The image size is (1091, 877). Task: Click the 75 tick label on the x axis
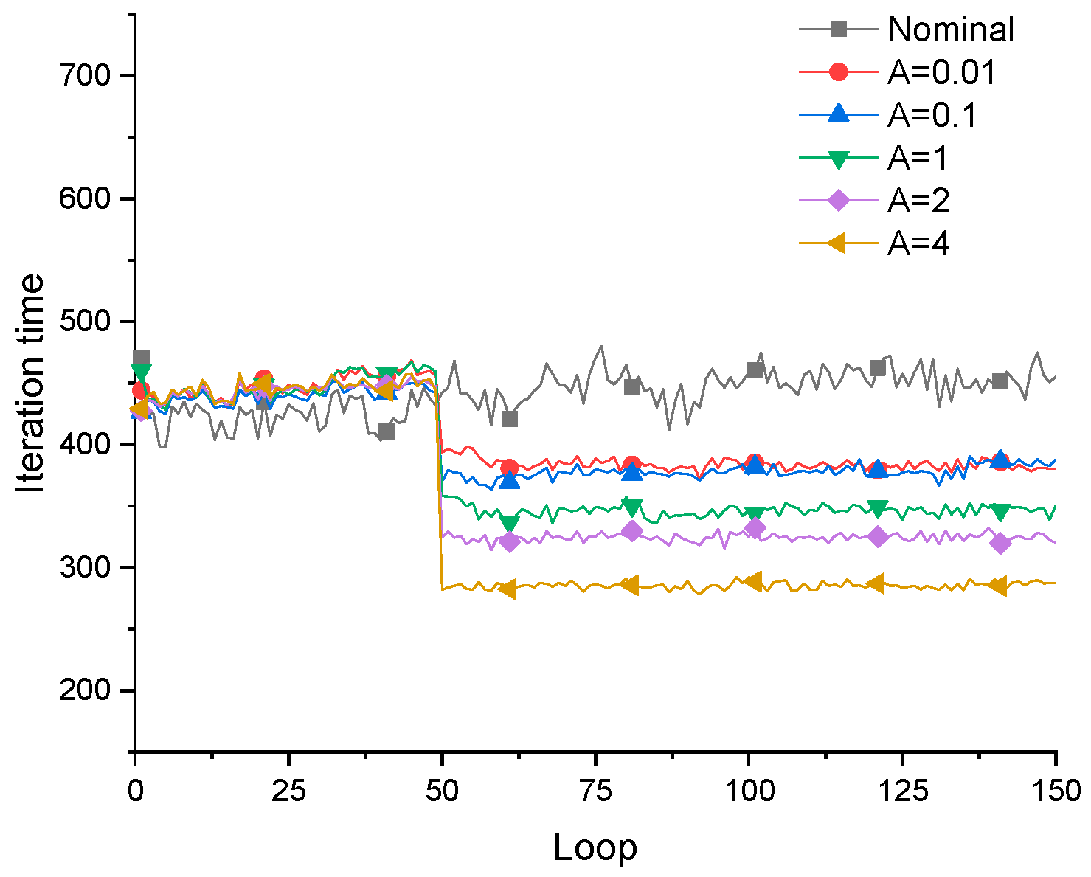coord(595,791)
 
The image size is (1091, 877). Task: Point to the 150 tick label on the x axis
coord(1056,791)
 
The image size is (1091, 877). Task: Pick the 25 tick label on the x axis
coord(288,791)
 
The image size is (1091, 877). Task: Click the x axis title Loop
coord(595,847)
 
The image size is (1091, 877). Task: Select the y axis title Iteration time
coord(31,384)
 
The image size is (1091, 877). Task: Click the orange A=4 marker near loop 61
coord(508,589)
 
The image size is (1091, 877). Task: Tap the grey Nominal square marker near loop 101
coord(755,370)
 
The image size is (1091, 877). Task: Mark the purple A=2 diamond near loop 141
coord(1000,544)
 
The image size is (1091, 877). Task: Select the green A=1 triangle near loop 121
coord(877,508)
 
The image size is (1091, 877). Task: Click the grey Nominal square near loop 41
coord(386,431)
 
